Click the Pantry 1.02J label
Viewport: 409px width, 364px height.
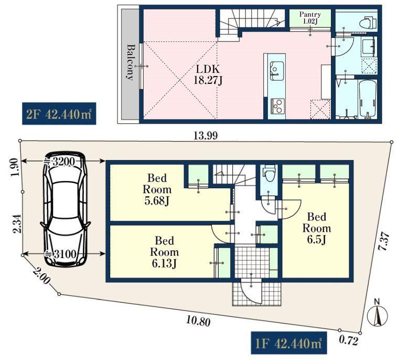(x=310, y=18)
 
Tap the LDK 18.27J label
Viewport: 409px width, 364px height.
(x=208, y=75)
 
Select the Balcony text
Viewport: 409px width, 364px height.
(x=131, y=62)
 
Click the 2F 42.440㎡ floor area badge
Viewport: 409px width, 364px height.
(x=59, y=114)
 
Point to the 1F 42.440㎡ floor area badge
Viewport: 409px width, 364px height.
(x=289, y=343)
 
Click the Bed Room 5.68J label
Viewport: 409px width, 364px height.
(x=157, y=189)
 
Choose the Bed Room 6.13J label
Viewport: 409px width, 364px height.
(x=164, y=252)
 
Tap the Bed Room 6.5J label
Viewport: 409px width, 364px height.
(x=317, y=228)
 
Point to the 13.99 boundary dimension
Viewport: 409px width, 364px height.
(x=206, y=136)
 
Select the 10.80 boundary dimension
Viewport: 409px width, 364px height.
(x=198, y=320)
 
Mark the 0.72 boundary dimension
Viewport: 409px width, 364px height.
(x=349, y=341)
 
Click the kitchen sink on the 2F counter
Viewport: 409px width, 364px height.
(x=277, y=69)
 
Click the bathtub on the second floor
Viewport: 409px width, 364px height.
(x=368, y=99)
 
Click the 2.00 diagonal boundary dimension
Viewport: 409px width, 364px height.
(x=41, y=276)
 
